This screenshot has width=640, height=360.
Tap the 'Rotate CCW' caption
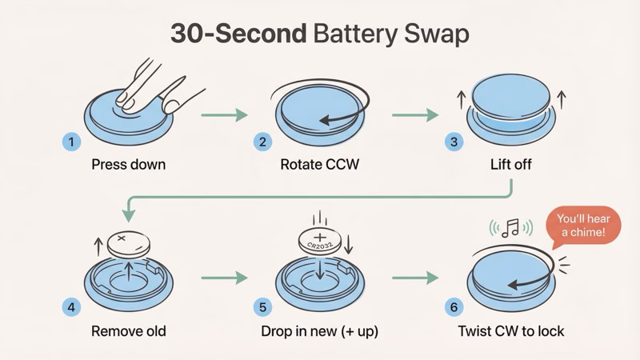pyautogui.click(x=319, y=166)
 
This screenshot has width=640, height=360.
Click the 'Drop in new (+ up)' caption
pyautogui.click(x=319, y=330)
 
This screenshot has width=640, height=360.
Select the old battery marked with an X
pyautogui.click(x=127, y=242)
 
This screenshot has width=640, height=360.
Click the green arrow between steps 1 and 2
pyautogui.click(x=223, y=115)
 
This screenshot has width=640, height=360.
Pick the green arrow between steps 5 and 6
pyautogui.click(x=415, y=278)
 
